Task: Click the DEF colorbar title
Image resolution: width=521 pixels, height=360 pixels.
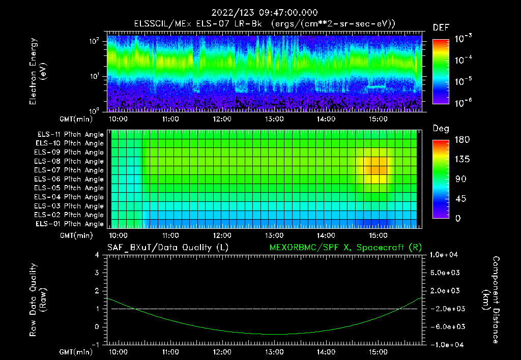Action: click(x=441, y=27)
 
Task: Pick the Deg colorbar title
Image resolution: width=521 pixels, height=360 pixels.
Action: click(x=441, y=129)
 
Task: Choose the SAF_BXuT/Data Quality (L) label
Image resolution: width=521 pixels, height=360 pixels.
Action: click(x=167, y=247)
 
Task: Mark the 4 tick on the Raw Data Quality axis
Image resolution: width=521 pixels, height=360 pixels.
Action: click(x=98, y=255)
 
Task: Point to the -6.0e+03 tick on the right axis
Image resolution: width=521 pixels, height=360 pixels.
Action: click(x=445, y=326)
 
